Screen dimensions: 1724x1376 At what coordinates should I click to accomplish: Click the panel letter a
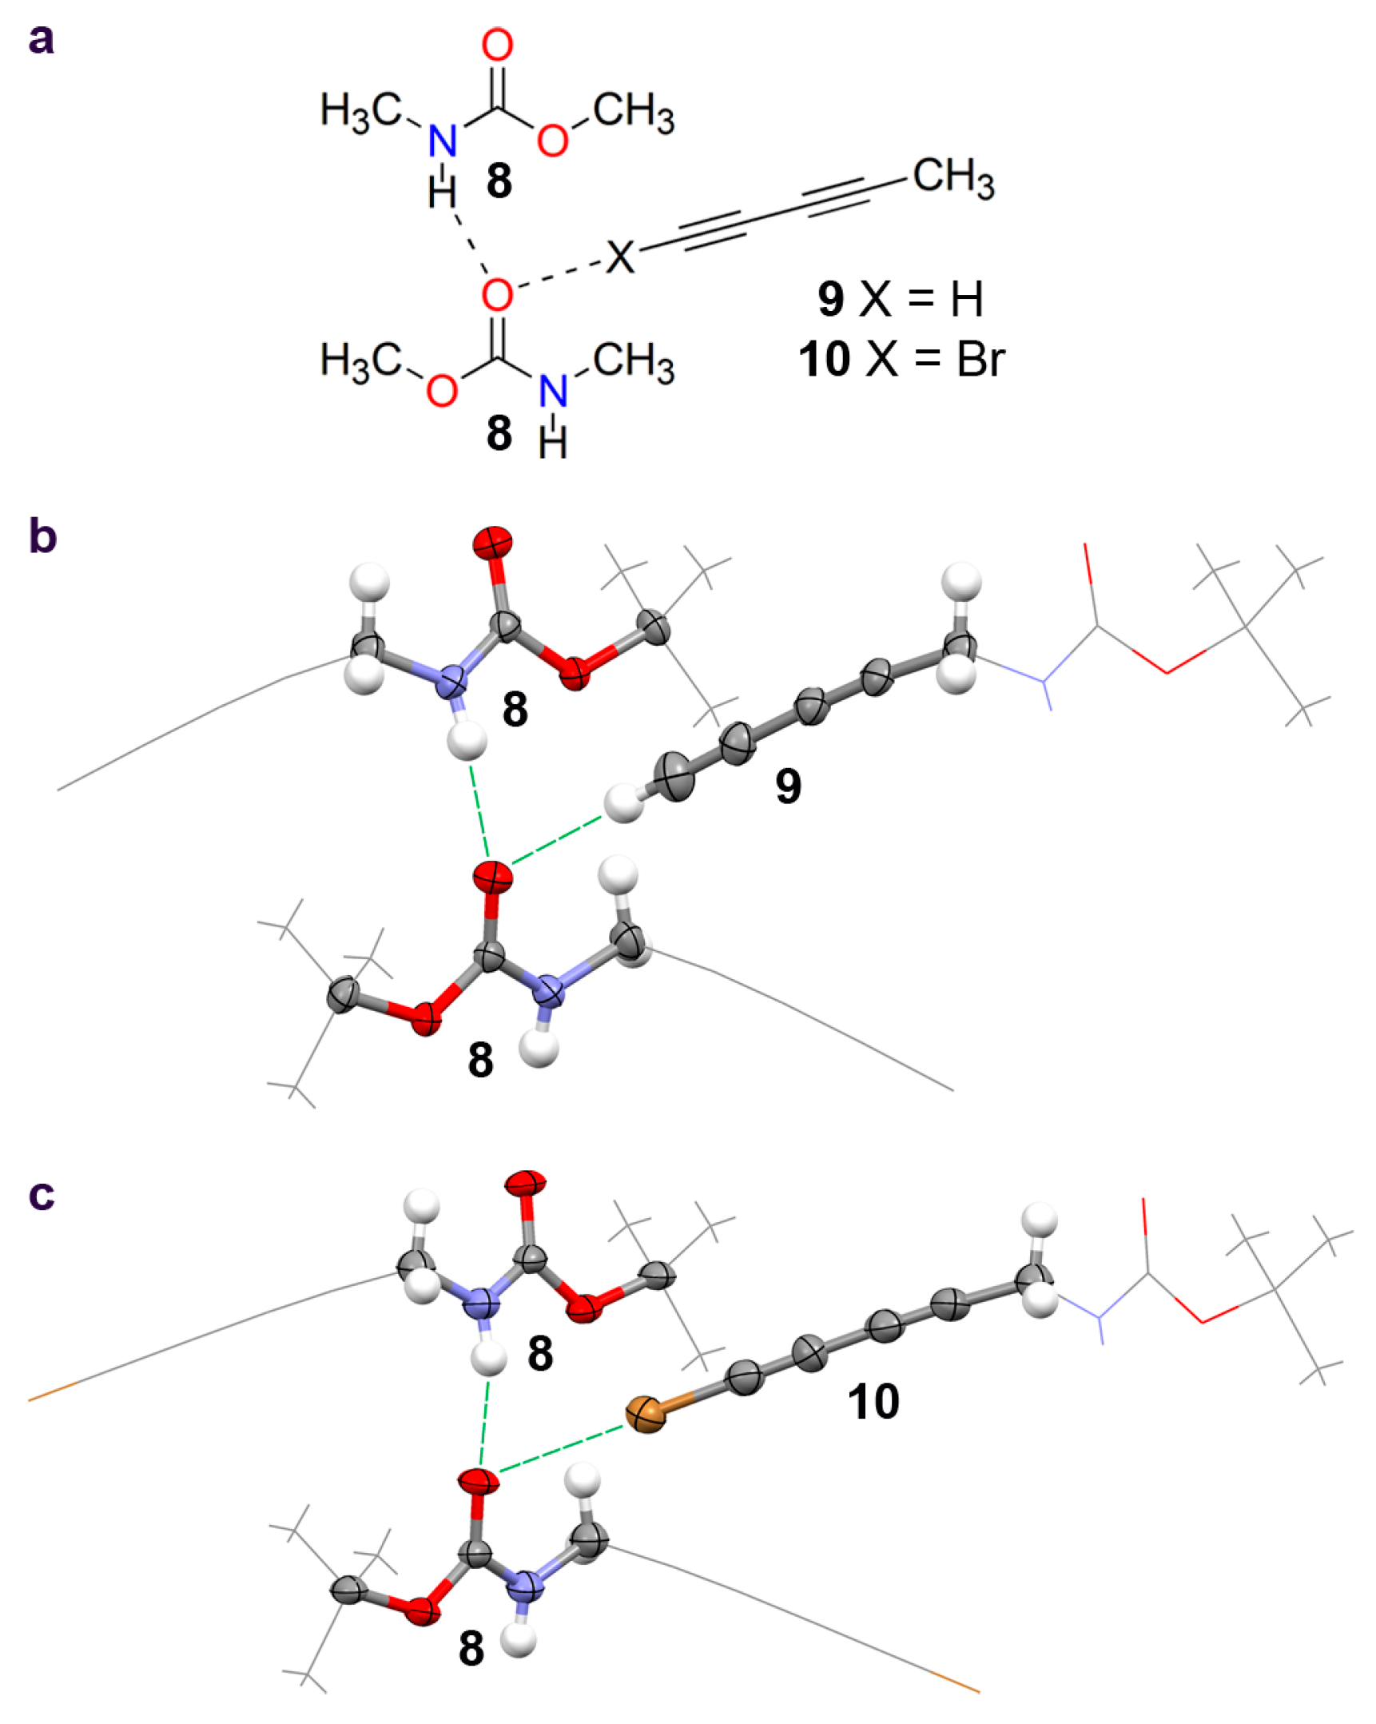tap(41, 39)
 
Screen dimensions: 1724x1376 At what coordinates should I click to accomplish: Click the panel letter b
tap(42, 535)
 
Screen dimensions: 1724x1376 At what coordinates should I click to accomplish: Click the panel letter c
tap(42, 1194)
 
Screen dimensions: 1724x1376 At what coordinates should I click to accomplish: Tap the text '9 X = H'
tap(900, 299)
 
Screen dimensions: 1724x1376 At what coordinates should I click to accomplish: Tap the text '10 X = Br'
tap(901, 360)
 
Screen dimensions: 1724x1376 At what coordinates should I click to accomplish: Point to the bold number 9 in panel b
tap(788, 786)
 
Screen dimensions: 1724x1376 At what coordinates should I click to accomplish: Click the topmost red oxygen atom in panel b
tap(492, 543)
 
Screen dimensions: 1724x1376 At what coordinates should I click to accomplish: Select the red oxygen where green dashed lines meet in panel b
tap(492, 878)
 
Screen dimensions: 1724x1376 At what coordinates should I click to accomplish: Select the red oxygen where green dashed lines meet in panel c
tap(479, 1481)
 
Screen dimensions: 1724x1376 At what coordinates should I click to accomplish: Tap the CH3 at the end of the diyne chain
tap(953, 177)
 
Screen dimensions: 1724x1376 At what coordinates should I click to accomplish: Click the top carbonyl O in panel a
tap(497, 45)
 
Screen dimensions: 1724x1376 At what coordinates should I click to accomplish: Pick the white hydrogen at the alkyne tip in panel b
tap(623, 803)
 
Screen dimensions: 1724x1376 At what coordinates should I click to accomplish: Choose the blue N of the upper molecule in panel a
tap(442, 141)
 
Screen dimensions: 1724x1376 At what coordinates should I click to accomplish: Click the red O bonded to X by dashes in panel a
tap(497, 294)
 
